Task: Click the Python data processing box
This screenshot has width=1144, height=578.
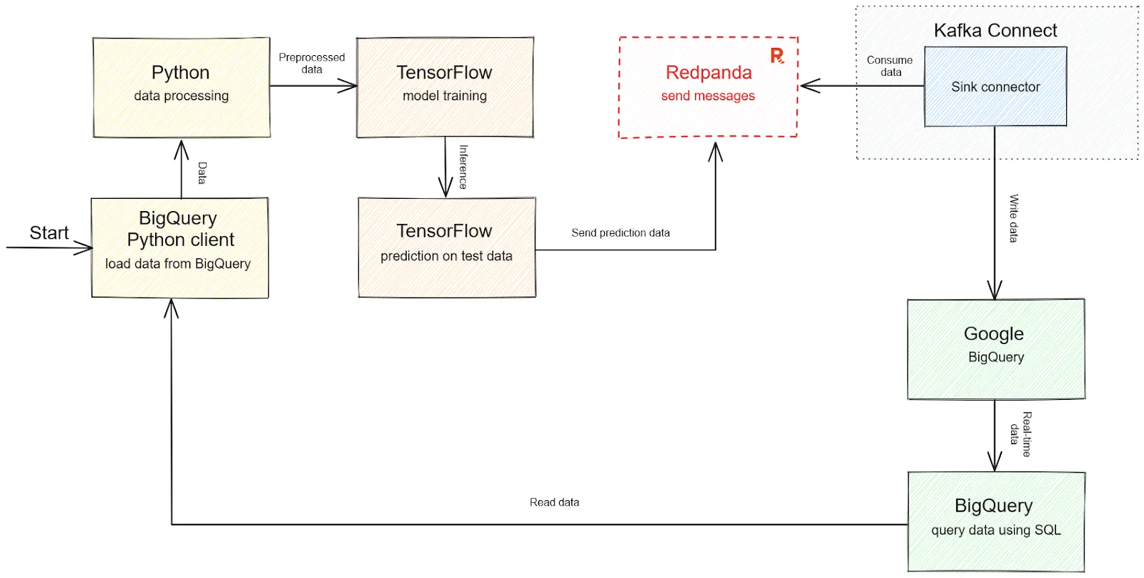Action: tap(181, 87)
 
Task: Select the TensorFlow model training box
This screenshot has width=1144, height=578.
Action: tap(445, 87)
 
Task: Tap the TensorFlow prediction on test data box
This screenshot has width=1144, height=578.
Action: tap(446, 247)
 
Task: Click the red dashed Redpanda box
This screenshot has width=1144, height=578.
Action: tap(708, 87)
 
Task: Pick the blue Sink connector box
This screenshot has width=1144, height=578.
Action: tap(995, 87)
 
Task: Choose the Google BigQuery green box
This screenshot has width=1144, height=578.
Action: tap(995, 348)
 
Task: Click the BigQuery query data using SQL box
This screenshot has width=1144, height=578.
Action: tap(995, 521)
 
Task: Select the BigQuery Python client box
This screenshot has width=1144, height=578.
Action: tap(179, 248)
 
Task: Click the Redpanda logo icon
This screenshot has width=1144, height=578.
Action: tap(777, 56)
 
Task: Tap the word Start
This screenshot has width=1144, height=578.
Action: tap(49, 232)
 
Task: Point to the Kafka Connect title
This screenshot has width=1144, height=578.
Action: tap(995, 31)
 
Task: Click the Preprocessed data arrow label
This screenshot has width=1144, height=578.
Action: tap(312, 63)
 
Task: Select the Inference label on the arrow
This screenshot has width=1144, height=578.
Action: tap(463, 167)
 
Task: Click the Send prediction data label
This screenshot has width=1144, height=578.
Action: tap(620, 232)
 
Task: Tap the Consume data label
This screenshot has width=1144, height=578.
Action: tap(890, 66)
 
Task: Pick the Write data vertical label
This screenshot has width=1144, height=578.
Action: tap(1013, 218)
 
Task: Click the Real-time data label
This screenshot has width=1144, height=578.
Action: tap(1020, 433)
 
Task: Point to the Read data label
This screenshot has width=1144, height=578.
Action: tap(554, 502)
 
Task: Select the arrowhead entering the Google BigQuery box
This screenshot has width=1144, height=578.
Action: tap(995, 290)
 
